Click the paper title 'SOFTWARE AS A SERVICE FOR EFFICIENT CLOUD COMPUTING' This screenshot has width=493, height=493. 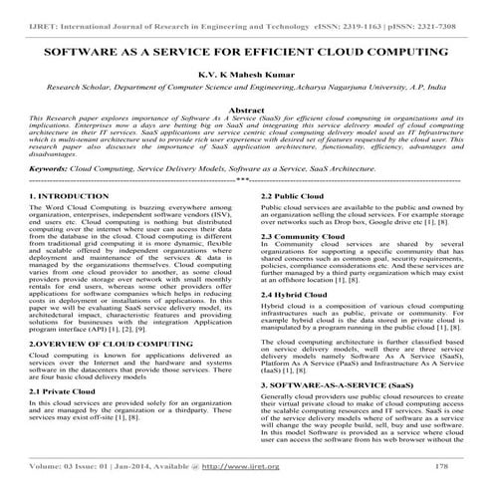click(x=246, y=49)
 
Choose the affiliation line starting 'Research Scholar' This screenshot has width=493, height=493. click(x=246, y=88)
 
